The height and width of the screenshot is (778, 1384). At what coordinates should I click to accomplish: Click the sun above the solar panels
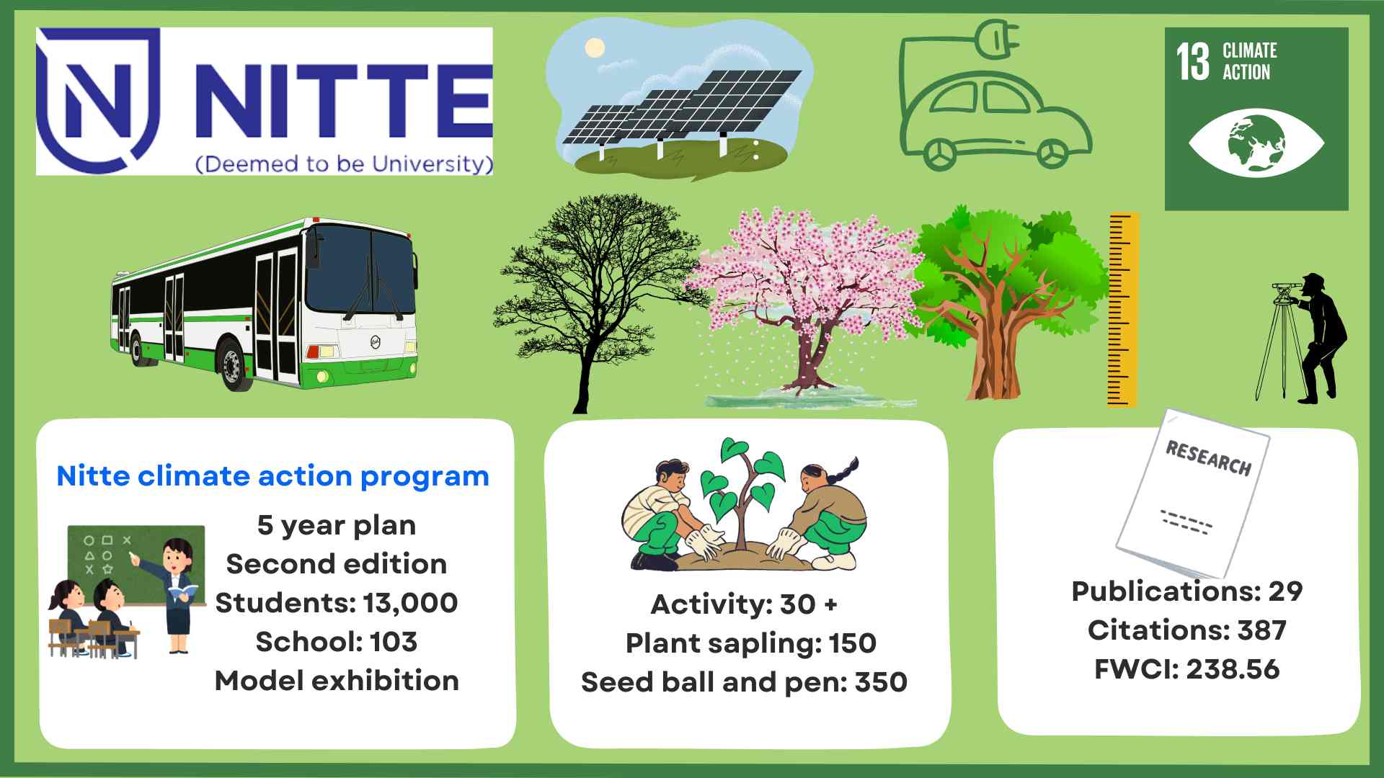pyautogui.click(x=595, y=48)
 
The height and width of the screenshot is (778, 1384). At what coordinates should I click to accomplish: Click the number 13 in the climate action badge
pyautogui.click(x=1193, y=62)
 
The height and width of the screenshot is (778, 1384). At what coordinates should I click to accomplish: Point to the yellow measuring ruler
pyautogui.click(x=1123, y=310)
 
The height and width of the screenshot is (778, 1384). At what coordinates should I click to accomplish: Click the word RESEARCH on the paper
pyautogui.click(x=1208, y=459)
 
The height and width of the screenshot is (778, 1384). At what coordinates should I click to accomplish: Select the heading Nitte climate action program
pyautogui.click(x=272, y=476)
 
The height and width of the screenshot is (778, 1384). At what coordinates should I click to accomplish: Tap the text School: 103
pyautogui.click(x=337, y=641)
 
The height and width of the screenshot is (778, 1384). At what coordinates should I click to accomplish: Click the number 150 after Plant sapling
pyautogui.click(x=853, y=643)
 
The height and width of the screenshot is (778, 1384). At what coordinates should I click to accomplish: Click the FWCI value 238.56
pyautogui.click(x=1233, y=669)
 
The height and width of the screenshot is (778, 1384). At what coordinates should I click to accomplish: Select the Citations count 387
pyautogui.click(x=1262, y=630)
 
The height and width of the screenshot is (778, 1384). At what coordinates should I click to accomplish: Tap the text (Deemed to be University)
pyautogui.click(x=345, y=164)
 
